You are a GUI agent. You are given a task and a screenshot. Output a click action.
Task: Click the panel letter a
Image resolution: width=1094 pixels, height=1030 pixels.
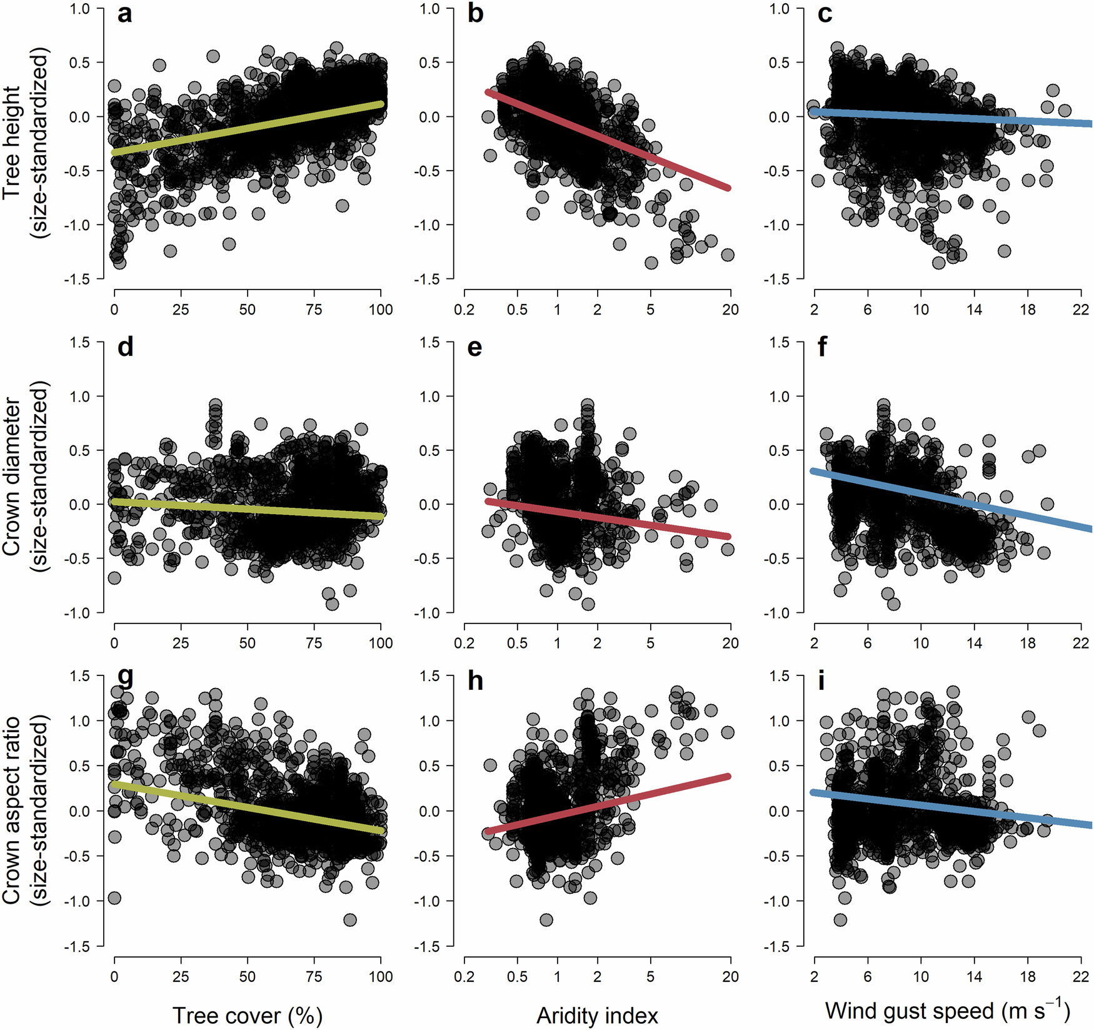(124, 14)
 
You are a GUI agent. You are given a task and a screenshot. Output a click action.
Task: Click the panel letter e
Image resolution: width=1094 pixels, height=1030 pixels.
(474, 348)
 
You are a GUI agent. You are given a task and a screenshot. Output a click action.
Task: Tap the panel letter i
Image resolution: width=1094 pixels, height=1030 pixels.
(821, 680)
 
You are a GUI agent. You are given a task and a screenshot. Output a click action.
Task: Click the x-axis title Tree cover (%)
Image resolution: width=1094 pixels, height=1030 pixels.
(247, 1015)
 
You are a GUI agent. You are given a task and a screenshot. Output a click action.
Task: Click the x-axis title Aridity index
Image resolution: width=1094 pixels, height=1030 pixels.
(597, 1015)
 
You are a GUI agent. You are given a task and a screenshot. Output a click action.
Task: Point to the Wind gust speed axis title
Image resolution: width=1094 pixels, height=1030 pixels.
(947, 1011)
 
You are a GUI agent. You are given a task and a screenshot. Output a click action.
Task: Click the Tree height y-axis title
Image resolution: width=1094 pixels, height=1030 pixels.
(25, 144)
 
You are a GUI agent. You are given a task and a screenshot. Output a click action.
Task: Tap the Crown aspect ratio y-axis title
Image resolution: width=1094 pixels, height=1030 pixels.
(25, 811)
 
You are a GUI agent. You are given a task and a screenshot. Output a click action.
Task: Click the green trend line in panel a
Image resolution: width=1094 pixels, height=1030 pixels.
(247, 128)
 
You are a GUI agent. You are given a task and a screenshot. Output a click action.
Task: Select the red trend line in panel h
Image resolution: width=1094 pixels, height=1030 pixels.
(606, 804)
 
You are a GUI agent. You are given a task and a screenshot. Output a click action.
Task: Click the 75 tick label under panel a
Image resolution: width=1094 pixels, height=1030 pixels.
(314, 310)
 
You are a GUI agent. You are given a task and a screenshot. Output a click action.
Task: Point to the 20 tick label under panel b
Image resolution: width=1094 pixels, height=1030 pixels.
(730, 310)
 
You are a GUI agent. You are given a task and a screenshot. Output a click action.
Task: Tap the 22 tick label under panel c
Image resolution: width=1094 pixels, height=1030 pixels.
(1080, 310)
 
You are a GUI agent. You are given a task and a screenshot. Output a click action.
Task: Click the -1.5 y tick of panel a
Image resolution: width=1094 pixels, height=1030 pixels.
(76, 279)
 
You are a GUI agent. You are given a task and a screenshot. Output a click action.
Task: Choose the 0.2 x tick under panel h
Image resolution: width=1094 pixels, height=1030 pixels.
(464, 977)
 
